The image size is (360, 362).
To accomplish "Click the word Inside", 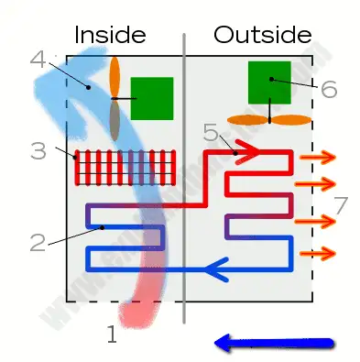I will click(x=110, y=35).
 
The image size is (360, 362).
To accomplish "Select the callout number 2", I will click(x=37, y=242).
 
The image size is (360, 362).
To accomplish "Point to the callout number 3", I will click(x=38, y=150).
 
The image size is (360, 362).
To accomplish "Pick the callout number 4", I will click(x=38, y=60).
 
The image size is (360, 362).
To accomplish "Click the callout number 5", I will click(x=211, y=133).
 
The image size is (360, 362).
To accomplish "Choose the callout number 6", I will click(x=328, y=88).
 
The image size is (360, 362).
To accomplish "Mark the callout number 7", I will click(x=341, y=204).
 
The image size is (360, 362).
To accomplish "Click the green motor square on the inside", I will click(x=151, y=98).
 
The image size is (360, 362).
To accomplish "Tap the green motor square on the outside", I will click(x=269, y=82).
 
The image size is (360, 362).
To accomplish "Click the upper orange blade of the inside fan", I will click(x=115, y=76).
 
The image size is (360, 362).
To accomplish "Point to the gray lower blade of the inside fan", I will click(x=115, y=118).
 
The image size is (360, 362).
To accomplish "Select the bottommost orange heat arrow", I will click(x=318, y=252).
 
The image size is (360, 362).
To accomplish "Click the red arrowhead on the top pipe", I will click(x=248, y=149).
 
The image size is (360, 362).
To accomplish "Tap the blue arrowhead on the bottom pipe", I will click(x=215, y=269).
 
